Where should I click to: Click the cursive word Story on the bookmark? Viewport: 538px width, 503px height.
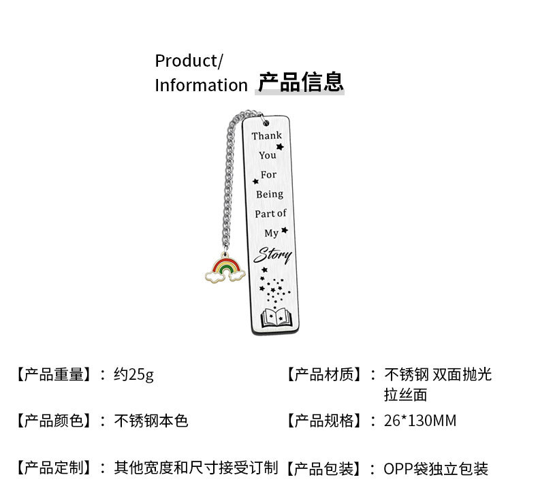(273, 256)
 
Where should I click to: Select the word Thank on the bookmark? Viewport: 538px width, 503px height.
(266, 135)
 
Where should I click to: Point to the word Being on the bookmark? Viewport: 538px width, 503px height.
(270, 194)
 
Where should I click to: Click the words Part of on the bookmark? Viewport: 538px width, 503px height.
(270, 213)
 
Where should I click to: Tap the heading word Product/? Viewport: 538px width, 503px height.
(189, 61)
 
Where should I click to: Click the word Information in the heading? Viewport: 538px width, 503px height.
(201, 85)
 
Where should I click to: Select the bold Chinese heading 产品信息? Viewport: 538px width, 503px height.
(300, 82)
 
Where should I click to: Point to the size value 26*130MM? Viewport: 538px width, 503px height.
(420, 420)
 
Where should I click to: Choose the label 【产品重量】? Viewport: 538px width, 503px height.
(52, 374)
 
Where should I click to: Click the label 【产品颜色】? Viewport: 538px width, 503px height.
(52, 420)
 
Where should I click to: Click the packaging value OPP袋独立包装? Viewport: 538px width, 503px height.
(436, 468)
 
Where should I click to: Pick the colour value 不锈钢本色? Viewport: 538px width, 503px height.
(151, 420)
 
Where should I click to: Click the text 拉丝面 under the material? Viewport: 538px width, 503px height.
(405, 395)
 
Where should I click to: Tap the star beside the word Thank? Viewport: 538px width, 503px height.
(280, 146)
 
